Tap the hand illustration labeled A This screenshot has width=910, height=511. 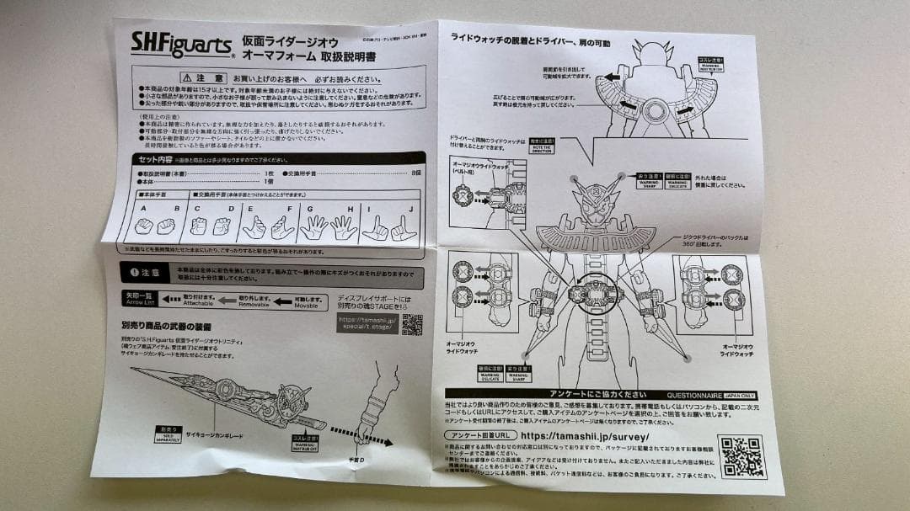144,226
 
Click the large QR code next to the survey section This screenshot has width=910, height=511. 741,457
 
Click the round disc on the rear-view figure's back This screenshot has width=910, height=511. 653,110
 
